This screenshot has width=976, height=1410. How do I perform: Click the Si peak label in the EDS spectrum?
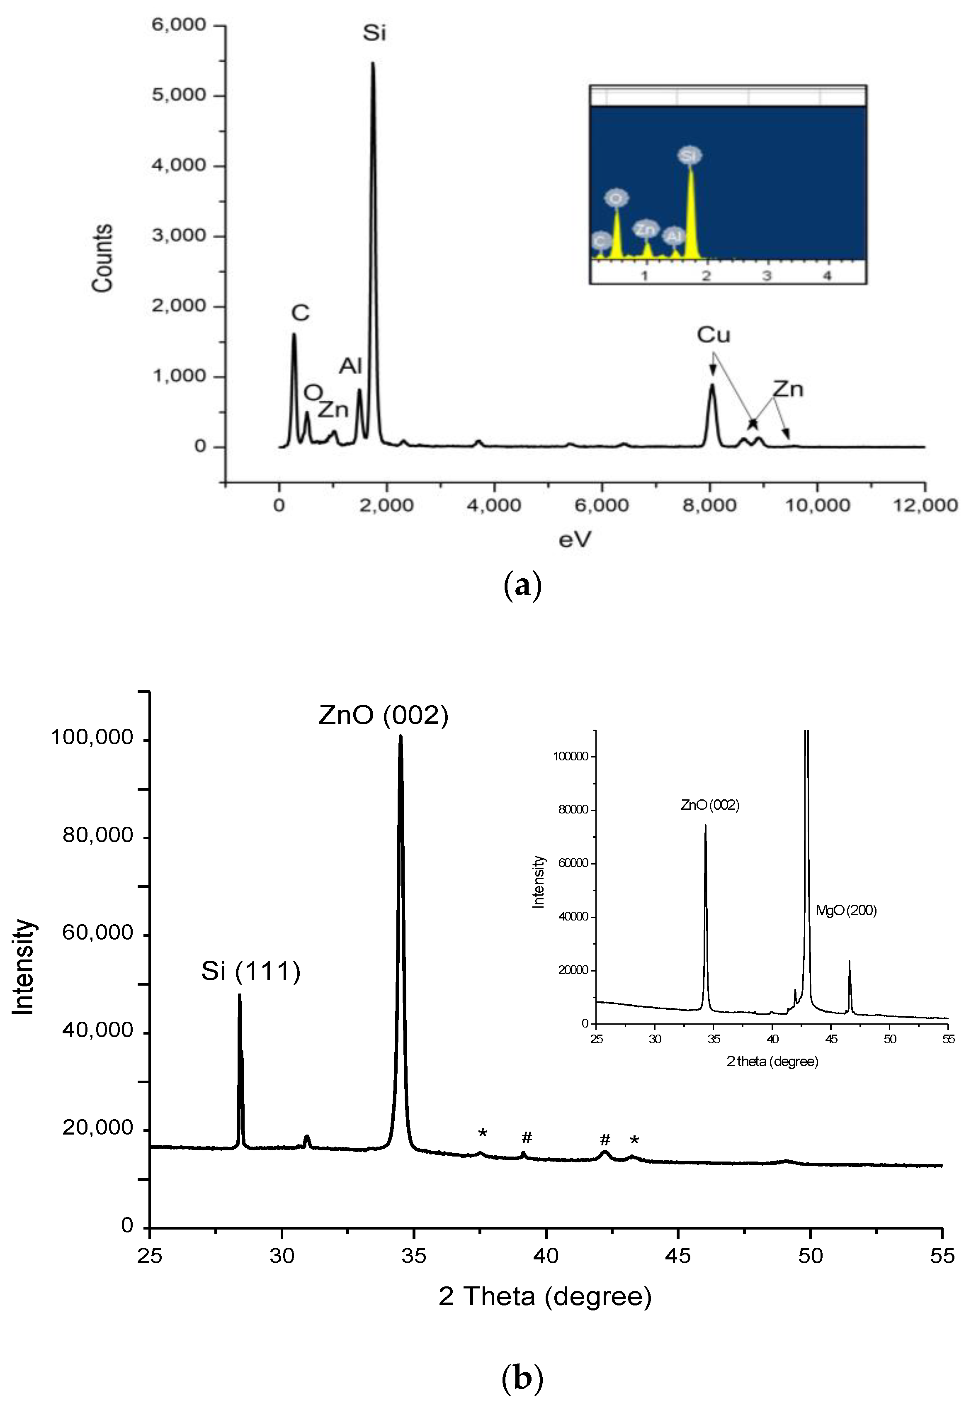coord(374,32)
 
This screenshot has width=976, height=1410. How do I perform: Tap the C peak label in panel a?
coord(300,313)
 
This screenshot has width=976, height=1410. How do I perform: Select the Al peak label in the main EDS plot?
coord(351,366)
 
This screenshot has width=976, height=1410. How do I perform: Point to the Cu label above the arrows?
coord(714,335)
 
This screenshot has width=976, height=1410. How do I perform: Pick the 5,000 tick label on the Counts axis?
coord(179,95)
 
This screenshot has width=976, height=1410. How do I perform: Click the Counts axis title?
coord(103,258)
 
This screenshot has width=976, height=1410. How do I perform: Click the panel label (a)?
coord(522,585)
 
